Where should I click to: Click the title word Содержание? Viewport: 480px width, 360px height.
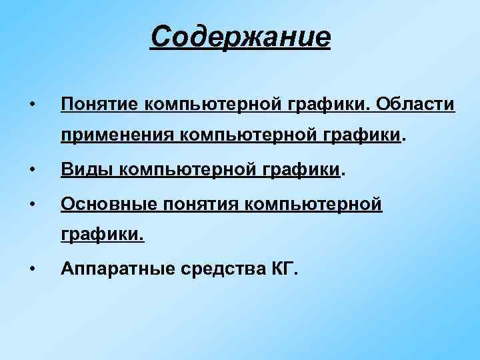[x=240, y=37]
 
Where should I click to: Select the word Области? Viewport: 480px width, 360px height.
[x=415, y=105]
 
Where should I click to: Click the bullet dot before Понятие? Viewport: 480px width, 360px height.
[x=32, y=105]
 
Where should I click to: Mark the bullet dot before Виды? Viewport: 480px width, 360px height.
[x=32, y=171]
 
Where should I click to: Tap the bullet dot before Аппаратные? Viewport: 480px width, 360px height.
[x=32, y=269]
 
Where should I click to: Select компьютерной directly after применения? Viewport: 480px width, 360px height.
[x=232, y=137]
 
